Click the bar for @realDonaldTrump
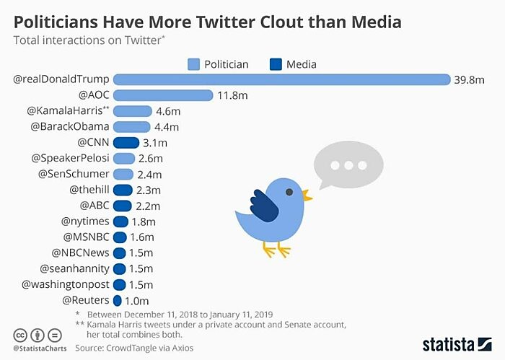click(281, 79)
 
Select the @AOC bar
click(163, 95)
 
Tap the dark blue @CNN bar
click(126, 142)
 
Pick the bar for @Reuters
click(117, 300)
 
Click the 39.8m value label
click(468, 79)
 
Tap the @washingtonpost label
click(65, 284)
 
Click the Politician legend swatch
click(193, 64)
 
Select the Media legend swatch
click(275, 64)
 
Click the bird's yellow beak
click(307, 195)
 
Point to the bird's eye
click(289, 192)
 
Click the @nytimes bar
click(120, 221)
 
